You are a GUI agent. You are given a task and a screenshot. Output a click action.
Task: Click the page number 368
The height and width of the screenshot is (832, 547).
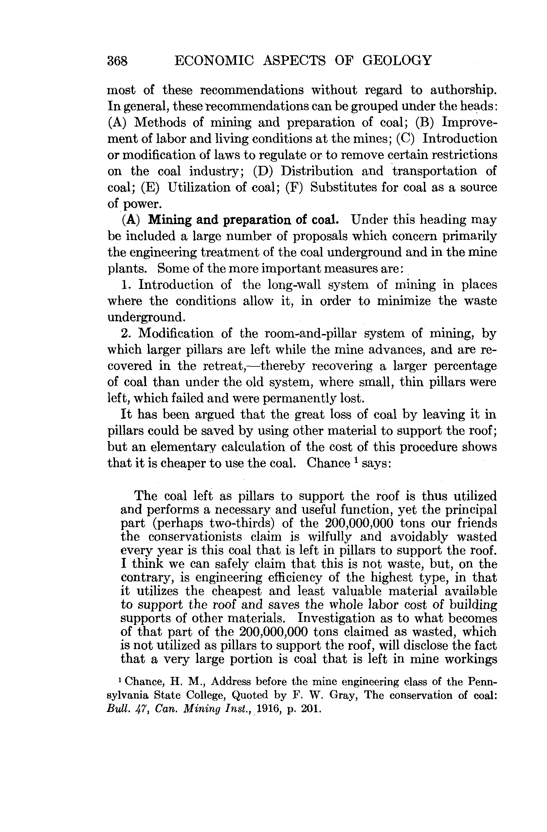pyautogui.click(x=118, y=61)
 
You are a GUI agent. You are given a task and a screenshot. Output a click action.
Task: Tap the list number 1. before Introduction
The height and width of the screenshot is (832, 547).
pyautogui.click(x=126, y=285)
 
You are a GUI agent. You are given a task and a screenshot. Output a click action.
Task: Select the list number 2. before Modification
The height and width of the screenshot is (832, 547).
pyautogui.click(x=126, y=333)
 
